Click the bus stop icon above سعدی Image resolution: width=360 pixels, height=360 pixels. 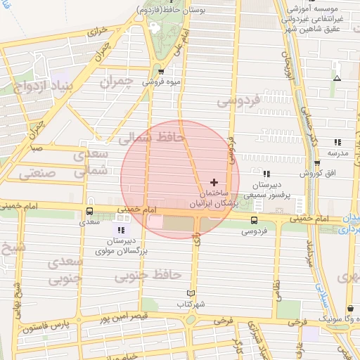(x=89, y=210)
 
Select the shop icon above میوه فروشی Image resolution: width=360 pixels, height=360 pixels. (x=161, y=71)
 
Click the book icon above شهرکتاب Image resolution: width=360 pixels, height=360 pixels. (x=190, y=293)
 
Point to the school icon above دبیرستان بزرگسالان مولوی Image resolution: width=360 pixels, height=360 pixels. (x=121, y=230)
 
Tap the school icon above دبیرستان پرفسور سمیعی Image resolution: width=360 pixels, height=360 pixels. (x=266, y=174)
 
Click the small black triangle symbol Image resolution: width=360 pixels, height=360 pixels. (x=337, y=77)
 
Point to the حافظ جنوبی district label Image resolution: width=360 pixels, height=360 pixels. (x=148, y=274)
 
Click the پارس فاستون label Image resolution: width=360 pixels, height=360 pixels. (x=46, y=327)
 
